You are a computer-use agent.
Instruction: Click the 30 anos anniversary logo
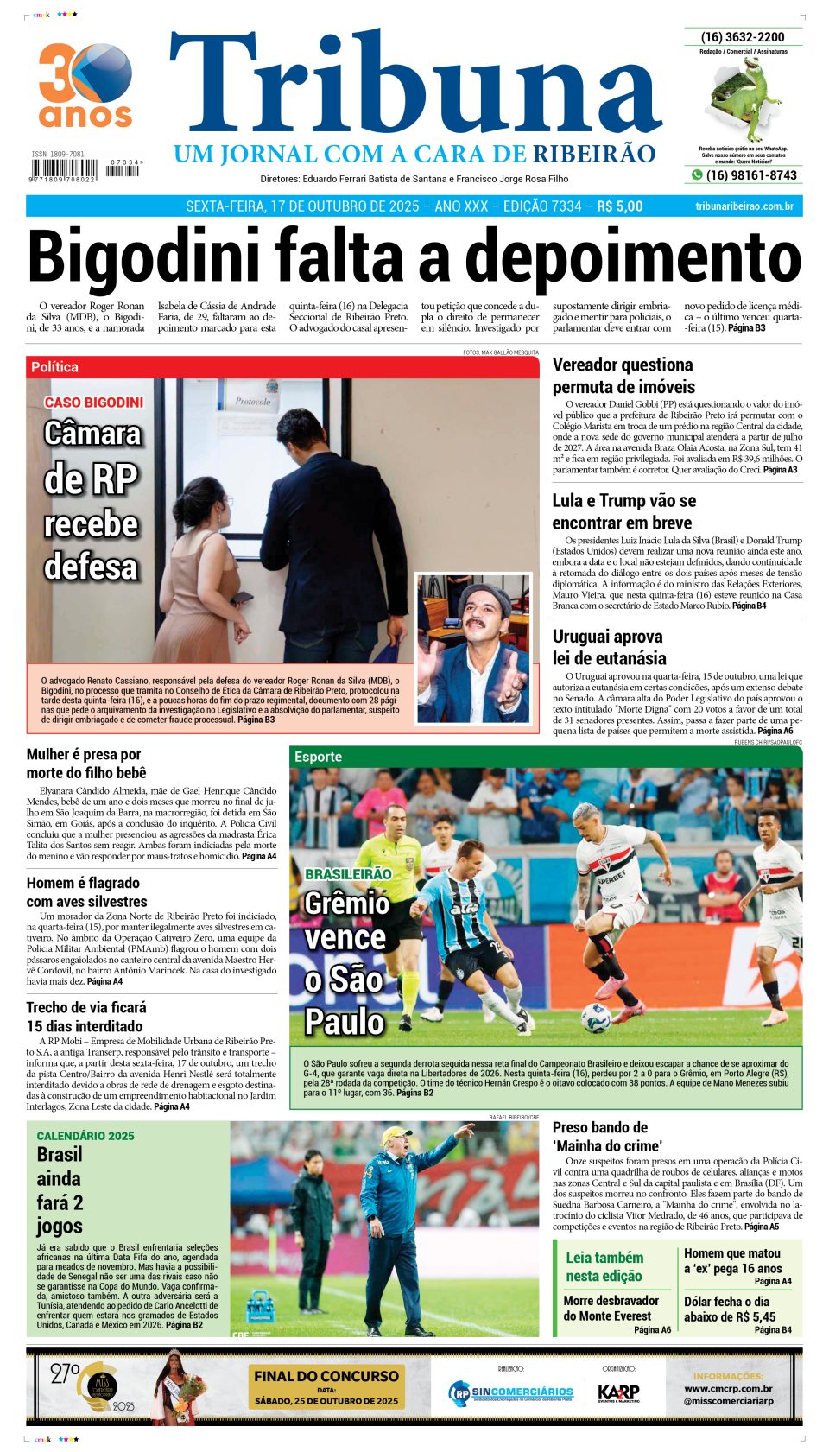click(85, 86)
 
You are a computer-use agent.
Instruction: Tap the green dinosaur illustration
click(743, 98)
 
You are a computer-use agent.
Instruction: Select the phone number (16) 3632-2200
click(743, 37)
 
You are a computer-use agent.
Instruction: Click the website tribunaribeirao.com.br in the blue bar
click(744, 206)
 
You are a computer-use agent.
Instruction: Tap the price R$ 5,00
click(619, 206)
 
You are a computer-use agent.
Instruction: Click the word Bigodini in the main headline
click(143, 256)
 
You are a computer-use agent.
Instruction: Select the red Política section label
click(55, 367)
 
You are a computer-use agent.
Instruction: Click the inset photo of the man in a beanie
click(472, 647)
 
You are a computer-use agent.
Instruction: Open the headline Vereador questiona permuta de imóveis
click(623, 376)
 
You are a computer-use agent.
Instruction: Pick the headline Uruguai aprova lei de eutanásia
click(609, 647)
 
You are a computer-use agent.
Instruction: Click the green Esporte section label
click(318, 757)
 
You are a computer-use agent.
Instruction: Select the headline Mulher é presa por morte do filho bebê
click(86, 764)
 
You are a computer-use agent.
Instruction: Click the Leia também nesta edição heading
click(604, 1266)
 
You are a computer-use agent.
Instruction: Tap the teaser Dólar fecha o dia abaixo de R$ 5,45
click(730, 1309)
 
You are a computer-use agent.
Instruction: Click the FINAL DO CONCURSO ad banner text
click(326, 1376)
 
